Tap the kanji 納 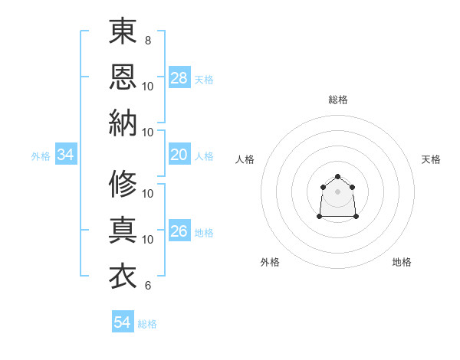click(x=123, y=123)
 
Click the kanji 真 click(x=123, y=230)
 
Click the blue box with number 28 click(x=179, y=77)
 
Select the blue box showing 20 click(x=179, y=155)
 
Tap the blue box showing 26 click(x=179, y=231)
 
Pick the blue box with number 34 click(x=66, y=155)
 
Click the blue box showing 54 click(x=123, y=322)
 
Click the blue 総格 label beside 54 click(x=147, y=324)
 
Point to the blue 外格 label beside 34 click(x=41, y=156)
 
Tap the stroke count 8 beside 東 click(x=147, y=39)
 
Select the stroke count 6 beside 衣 click(x=147, y=286)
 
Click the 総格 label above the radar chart click(x=337, y=100)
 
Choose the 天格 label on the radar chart click(x=431, y=159)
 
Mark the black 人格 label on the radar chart click(x=245, y=159)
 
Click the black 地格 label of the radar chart click(x=402, y=262)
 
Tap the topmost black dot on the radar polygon click(x=337, y=177)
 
